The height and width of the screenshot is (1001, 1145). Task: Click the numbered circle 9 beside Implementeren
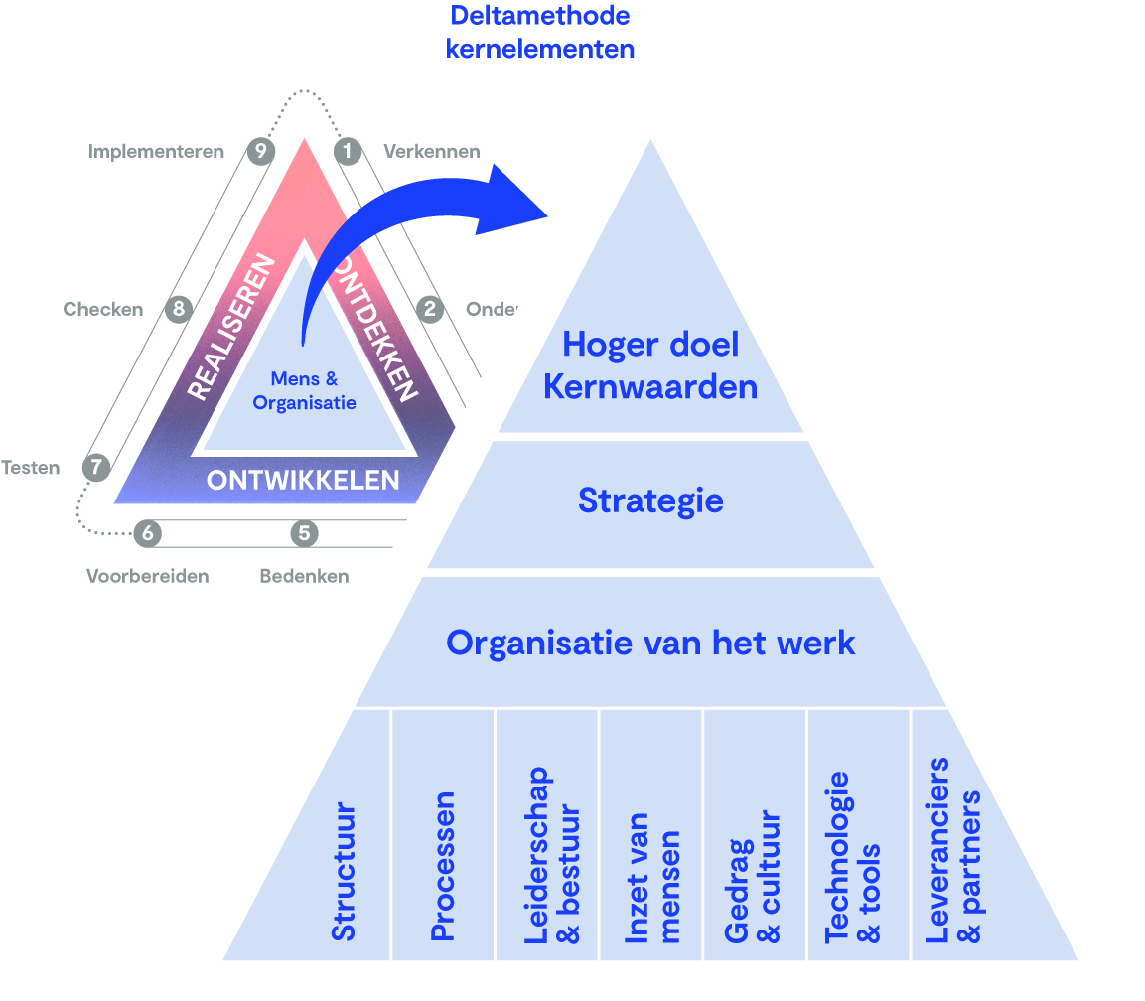pyautogui.click(x=260, y=151)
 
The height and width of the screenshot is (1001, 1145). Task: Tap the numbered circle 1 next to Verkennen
pyautogui.click(x=348, y=151)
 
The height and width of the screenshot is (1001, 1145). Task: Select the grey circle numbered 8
pyautogui.click(x=179, y=309)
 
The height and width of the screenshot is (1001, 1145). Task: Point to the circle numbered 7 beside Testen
pyautogui.click(x=96, y=466)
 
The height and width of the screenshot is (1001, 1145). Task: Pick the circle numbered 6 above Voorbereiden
pyautogui.click(x=148, y=533)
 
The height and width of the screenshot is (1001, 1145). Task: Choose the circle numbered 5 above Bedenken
pyautogui.click(x=304, y=533)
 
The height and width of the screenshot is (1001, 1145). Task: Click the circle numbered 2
pyautogui.click(x=430, y=309)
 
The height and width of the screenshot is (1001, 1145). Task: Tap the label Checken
pyautogui.click(x=103, y=309)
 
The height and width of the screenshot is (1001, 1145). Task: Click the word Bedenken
pyautogui.click(x=304, y=576)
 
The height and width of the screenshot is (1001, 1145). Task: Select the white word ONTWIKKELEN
pyautogui.click(x=303, y=481)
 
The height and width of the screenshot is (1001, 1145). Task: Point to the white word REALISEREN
pyautogui.click(x=230, y=327)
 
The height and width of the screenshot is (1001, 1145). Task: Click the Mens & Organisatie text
pyautogui.click(x=304, y=390)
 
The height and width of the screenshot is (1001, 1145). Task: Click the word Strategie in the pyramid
pyautogui.click(x=650, y=500)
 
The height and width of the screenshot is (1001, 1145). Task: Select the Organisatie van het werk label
pyautogui.click(x=650, y=642)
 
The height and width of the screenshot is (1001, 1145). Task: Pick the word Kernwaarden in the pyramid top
pyautogui.click(x=650, y=385)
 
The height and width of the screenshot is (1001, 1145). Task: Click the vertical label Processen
pyautogui.click(x=443, y=866)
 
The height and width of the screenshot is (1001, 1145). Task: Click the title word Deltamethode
pyautogui.click(x=540, y=16)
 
